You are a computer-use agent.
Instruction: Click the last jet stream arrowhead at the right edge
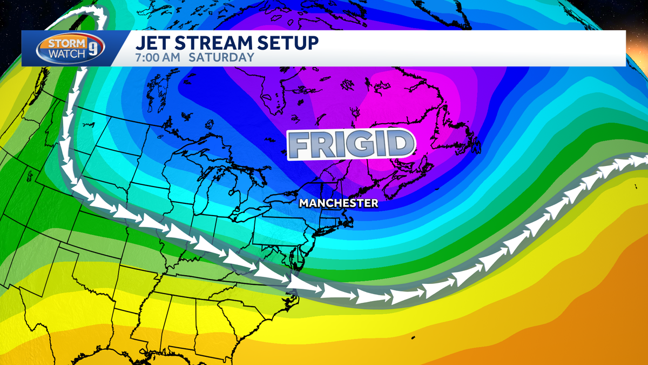637,161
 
